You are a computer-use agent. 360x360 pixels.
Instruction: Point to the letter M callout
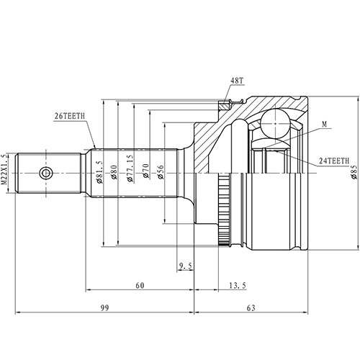(325, 125)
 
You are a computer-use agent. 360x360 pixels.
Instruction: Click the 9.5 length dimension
(185, 266)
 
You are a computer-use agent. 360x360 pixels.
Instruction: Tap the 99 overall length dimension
(104, 308)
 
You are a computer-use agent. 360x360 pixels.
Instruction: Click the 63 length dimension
(251, 308)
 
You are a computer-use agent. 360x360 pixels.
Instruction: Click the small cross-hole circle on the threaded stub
(46, 173)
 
